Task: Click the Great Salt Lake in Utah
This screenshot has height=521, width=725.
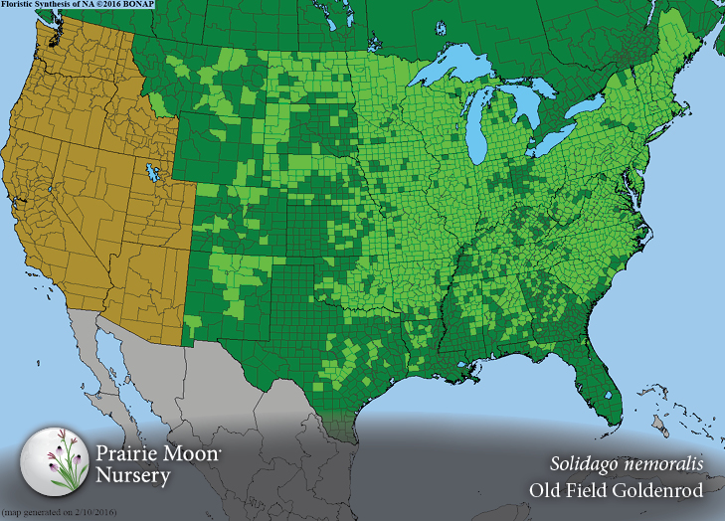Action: click(152, 174)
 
